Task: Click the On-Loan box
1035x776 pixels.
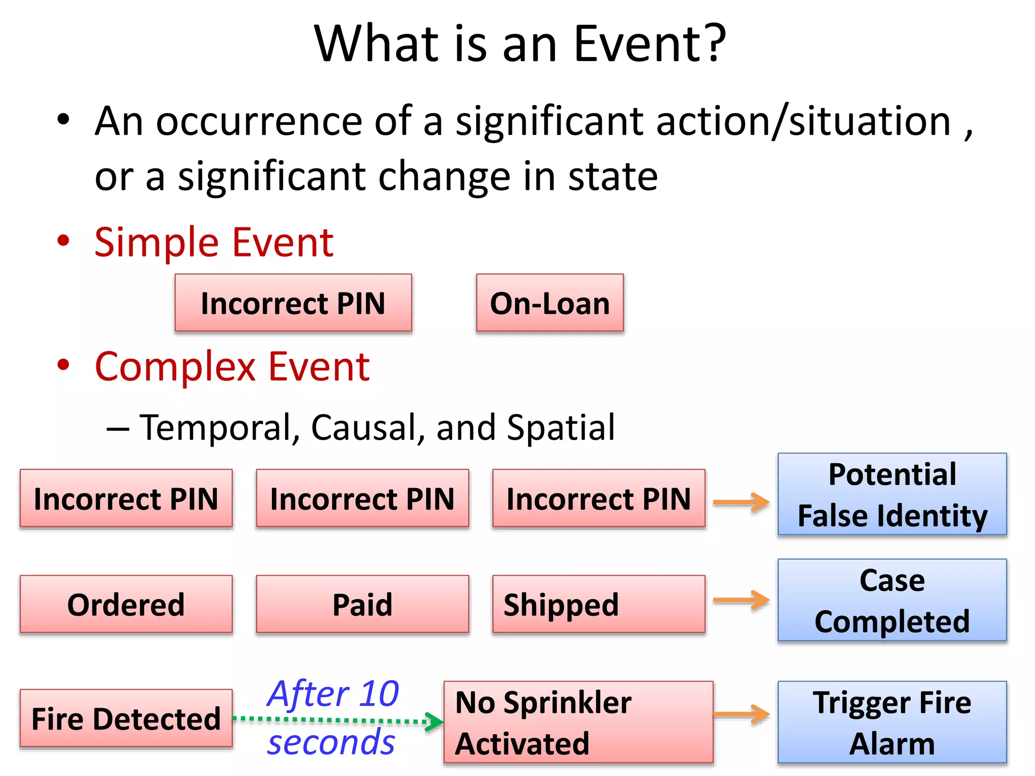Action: pyautogui.click(x=550, y=303)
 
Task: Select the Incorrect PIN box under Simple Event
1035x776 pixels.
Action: pyautogui.click(x=293, y=303)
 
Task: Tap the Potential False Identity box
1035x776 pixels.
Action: pyautogui.click(x=892, y=495)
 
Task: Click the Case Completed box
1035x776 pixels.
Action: pyautogui.click(x=892, y=600)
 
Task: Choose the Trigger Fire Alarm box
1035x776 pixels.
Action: pyautogui.click(x=892, y=722)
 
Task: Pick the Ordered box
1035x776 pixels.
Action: pyautogui.click(x=126, y=604)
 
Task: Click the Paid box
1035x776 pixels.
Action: pyautogui.click(x=362, y=604)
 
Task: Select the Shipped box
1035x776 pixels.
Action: pyautogui.click(x=598, y=604)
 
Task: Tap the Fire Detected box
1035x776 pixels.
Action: pyautogui.click(x=126, y=718)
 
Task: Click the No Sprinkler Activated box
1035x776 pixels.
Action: pyautogui.click(x=578, y=722)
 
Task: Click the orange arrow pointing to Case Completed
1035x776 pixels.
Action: pyautogui.click(x=741, y=600)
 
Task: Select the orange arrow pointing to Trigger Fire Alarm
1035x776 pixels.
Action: pyautogui.click(x=741, y=714)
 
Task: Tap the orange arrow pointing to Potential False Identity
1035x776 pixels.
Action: pyautogui.click(x=741, y=503)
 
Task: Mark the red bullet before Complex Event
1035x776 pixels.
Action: pyautogui.click(x=63, y=365)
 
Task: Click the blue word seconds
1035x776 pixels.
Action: pyautogui.click(x=331, y=743)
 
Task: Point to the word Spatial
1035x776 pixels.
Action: pyautogui.click(x=560, y=427)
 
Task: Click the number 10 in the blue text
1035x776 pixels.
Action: pyautogui.click(x=379, y=694)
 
